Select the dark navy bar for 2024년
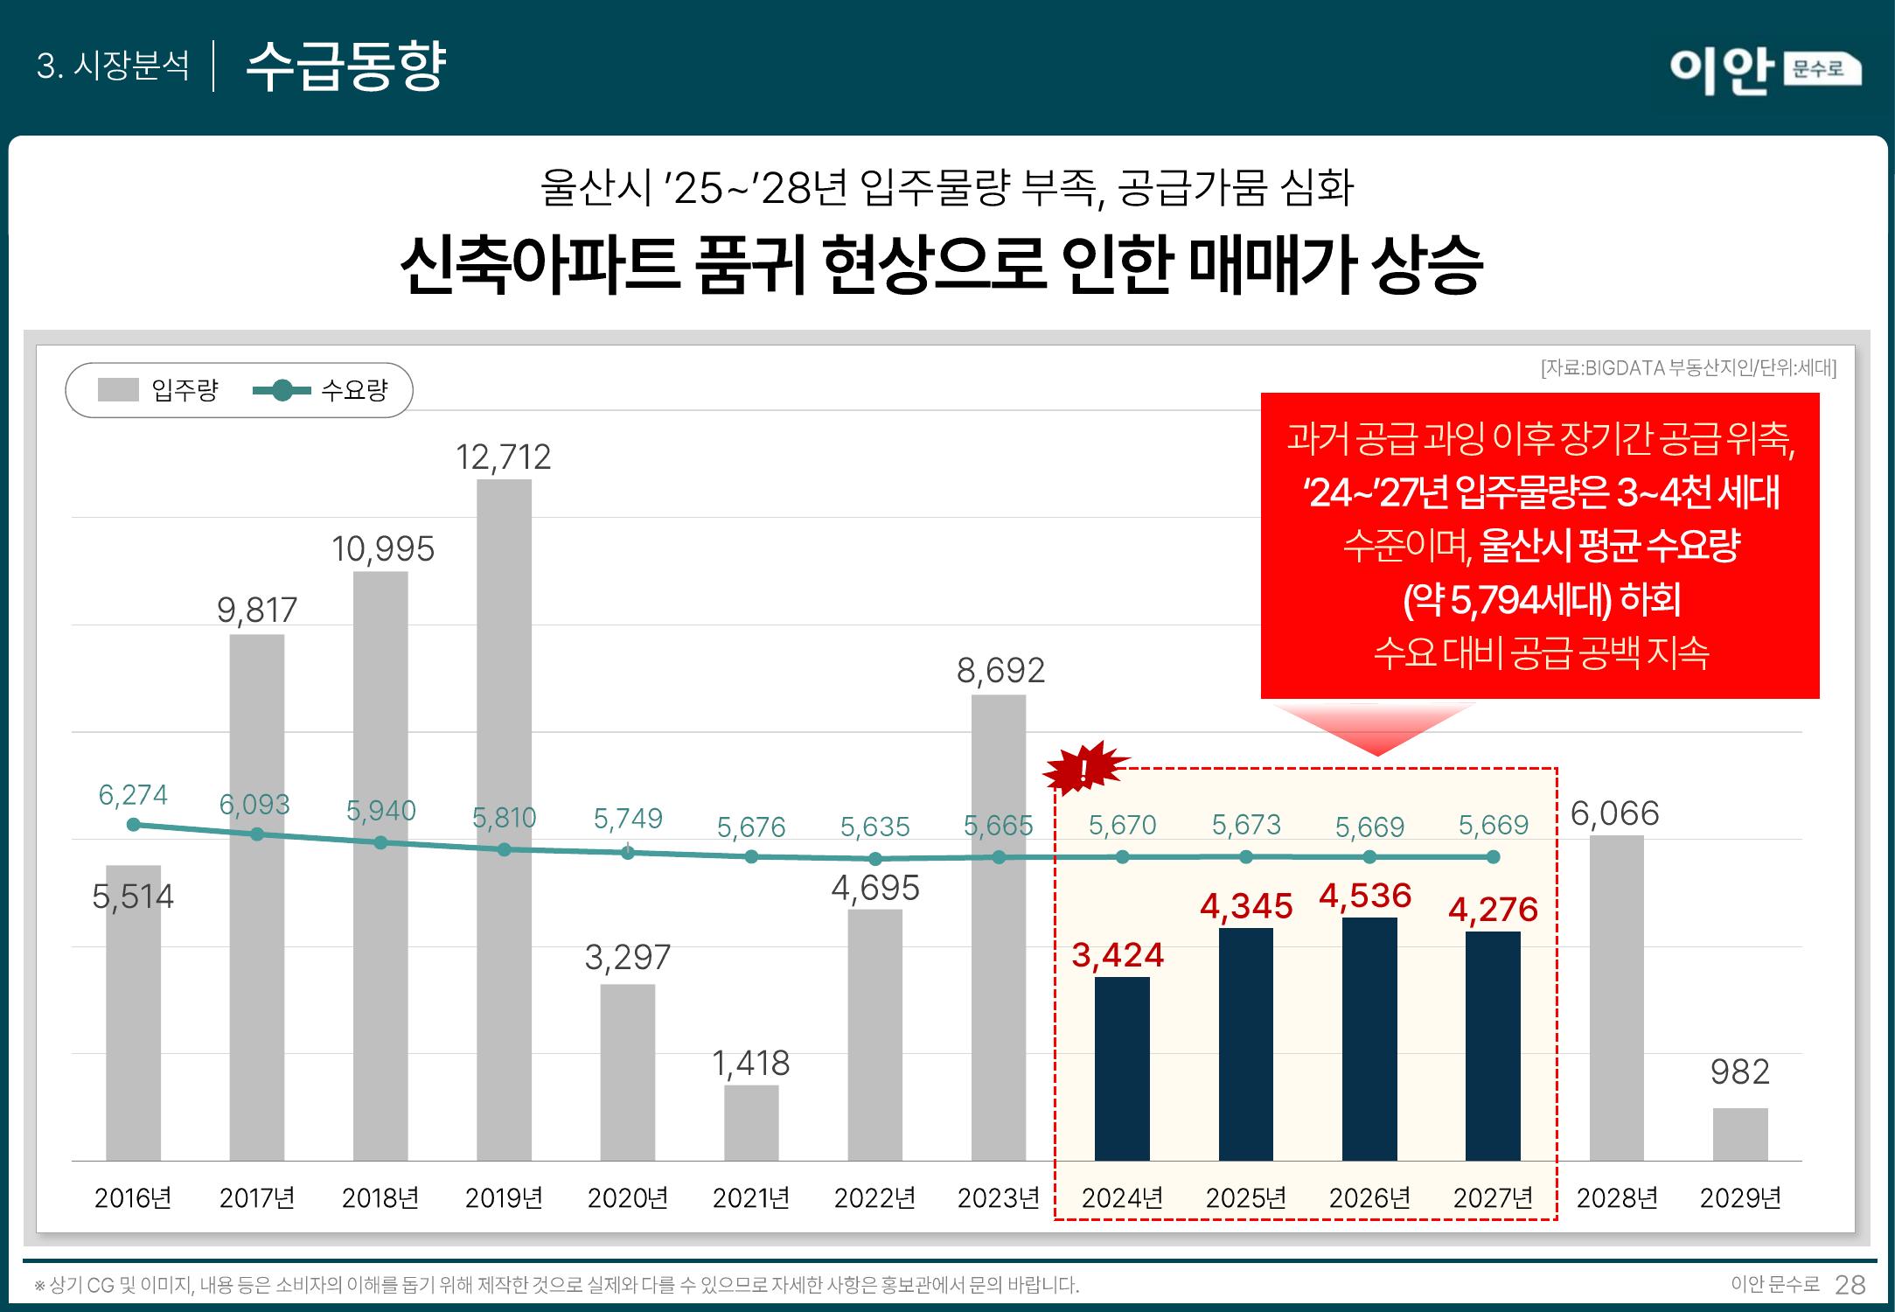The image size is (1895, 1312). (1122, 1068)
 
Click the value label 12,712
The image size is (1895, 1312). (504, 457)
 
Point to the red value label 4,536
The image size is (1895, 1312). (1365, 896)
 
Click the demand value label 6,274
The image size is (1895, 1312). (133, 795)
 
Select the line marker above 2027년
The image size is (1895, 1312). (1494, 857)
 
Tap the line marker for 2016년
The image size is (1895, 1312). (133, 825)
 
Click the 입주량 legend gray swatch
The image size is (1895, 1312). (118, 390)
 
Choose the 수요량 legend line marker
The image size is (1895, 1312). (282, 390)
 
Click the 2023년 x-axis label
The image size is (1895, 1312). (999, 1197)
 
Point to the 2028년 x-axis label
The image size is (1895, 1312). (1617, 1197)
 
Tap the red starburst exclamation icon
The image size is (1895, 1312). (1084, 768)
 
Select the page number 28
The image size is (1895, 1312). (1850, 1285)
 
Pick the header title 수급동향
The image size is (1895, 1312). (346, 66)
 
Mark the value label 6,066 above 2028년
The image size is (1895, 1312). (1615, 813)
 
